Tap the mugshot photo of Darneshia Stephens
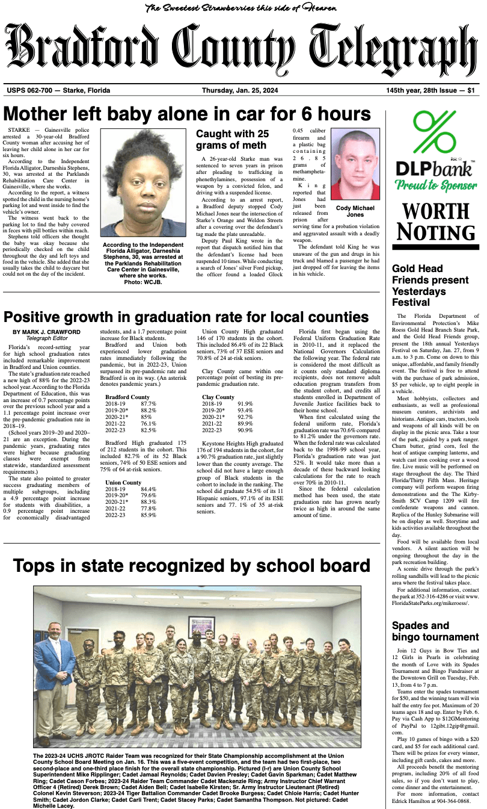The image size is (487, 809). pyautogui.click(x=144, y=183)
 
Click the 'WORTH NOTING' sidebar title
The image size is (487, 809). pyautogui.click(x=435, y=221)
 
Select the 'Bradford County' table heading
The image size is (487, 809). pyautogui.click(x=127, y=397)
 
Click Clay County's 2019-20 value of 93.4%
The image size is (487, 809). pyautogui.click(x=245, y=411)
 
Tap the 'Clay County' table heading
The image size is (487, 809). pyautogui.click(x=218, y=397)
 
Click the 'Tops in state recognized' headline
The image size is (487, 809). pyautogui.click(x=191, y=566)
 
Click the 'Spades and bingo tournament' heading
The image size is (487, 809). pyautogui.click(x=435, y=631)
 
